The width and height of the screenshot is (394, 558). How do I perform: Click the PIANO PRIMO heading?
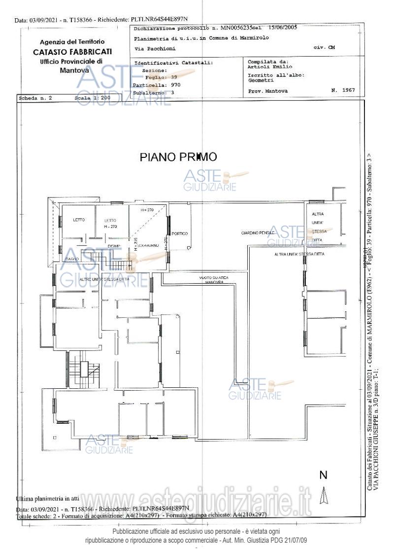tap(178, 157)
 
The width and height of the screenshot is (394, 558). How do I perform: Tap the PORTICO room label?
tap(180, 233)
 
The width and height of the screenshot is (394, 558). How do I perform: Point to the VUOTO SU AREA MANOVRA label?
tap(214, 280)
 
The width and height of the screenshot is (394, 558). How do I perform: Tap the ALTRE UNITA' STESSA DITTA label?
tap(104, 280)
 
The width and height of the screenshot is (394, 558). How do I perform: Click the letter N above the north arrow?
tap(324, 475)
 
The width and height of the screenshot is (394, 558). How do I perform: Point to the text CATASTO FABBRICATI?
tap(72, 52)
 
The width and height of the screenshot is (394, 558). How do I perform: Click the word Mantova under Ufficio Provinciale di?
tap(72, 71)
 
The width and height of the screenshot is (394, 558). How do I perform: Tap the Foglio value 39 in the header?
tap(174, 77)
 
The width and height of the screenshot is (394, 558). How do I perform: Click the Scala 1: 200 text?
tap(93, 98)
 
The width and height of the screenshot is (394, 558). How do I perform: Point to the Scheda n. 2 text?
tap(35, 98)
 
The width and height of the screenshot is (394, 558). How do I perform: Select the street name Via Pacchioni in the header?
tap(155, 49)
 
